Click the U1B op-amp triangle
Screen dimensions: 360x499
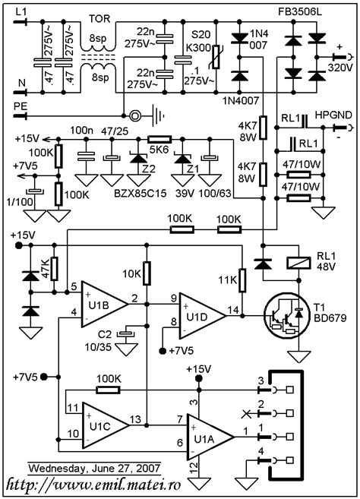103,304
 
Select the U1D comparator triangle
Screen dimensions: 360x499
201,316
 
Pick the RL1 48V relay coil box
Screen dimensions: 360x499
299,263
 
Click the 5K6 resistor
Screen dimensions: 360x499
159,139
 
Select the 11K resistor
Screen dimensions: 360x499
242,280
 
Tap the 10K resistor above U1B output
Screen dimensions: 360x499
147,273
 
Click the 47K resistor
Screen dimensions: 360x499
55,269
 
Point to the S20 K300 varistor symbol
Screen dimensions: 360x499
216,57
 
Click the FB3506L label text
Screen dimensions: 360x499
297,12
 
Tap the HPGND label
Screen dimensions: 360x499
333,115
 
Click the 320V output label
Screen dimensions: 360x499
340,68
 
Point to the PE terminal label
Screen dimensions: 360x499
21,106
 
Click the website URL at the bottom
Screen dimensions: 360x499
93,485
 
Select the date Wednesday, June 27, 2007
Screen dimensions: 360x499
94,469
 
